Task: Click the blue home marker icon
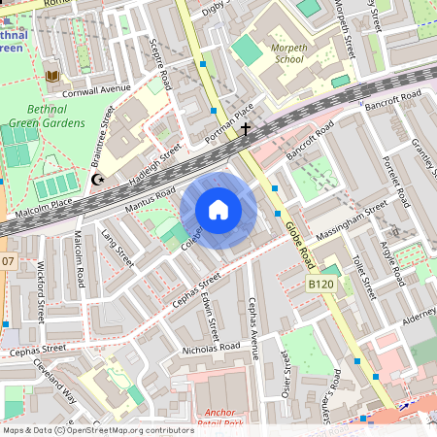click(218, 210)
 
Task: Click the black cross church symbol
click(246, 128)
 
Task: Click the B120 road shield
click(321, 285)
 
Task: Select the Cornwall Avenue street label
click(95, 88)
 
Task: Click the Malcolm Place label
click(45, 203)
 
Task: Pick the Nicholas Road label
click(211, 347)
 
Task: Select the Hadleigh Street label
click(156, 160)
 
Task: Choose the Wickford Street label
click(41, 291)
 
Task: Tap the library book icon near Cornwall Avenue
click(50, 75)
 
